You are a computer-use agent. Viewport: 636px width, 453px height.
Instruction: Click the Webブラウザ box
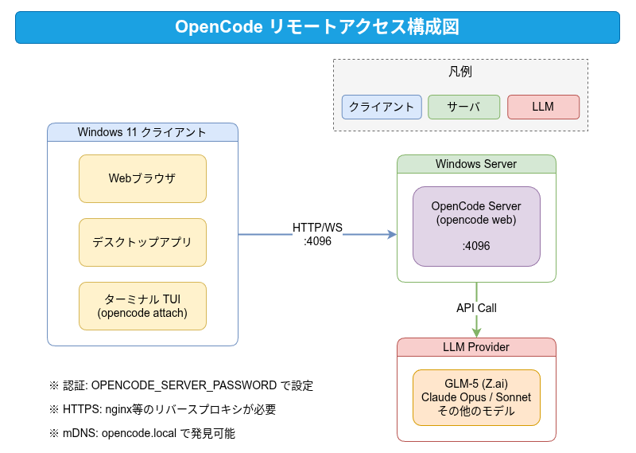pyautogui.click(x=142, y=178)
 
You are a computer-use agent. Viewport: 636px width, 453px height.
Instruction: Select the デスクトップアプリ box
pyautogui.click(x=142, y=242)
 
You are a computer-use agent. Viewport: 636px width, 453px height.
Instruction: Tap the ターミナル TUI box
pyautogui.click(x=142, y=306)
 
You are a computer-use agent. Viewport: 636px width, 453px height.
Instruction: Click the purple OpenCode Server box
pyautogui.click(x=476, y=226)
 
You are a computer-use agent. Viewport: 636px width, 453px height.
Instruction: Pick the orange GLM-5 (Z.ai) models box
pyautogui.click(x=476, y=397)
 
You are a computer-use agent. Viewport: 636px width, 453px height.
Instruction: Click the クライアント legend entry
pyautogui.click(x=382, y=107)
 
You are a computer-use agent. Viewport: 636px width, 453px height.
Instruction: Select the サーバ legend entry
pyautogui.click(x=463, y=107)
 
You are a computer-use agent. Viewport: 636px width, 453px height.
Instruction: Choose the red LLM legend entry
pyautogui.click(x=543, y=107)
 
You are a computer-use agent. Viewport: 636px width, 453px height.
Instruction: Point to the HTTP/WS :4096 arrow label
pyautogui.click(x=317, y=234)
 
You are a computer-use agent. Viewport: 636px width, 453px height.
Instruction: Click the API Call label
pyautogui.click(x=476, y=308)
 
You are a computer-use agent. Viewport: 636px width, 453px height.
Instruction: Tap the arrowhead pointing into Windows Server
pyautogui.click(x=392, y=234)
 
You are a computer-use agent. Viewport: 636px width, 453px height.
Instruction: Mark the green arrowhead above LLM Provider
pyautogui.click(x=476, y=332)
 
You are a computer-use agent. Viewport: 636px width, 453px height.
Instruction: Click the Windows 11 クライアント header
pyautogui.click(x=142, y=132)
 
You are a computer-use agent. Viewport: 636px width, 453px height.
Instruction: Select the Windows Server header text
pyautogui.click(x=476, y=164)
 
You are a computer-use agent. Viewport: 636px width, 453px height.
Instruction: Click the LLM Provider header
pyautogui.click(x=476, y=347)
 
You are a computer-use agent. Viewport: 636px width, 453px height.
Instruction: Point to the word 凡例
pyautogui.click(x=460, y=72)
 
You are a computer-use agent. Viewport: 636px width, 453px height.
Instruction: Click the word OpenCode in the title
pyautogui.click(x=219, y=27)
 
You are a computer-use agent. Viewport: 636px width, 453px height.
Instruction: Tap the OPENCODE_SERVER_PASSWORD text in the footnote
pyautogui.click(x=184, y=385)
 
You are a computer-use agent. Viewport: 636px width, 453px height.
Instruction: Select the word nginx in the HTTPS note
pyautogui.click(x=118, y=409)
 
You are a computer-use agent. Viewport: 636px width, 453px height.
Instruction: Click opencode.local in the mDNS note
pyautogui.click(x=139, y=433)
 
